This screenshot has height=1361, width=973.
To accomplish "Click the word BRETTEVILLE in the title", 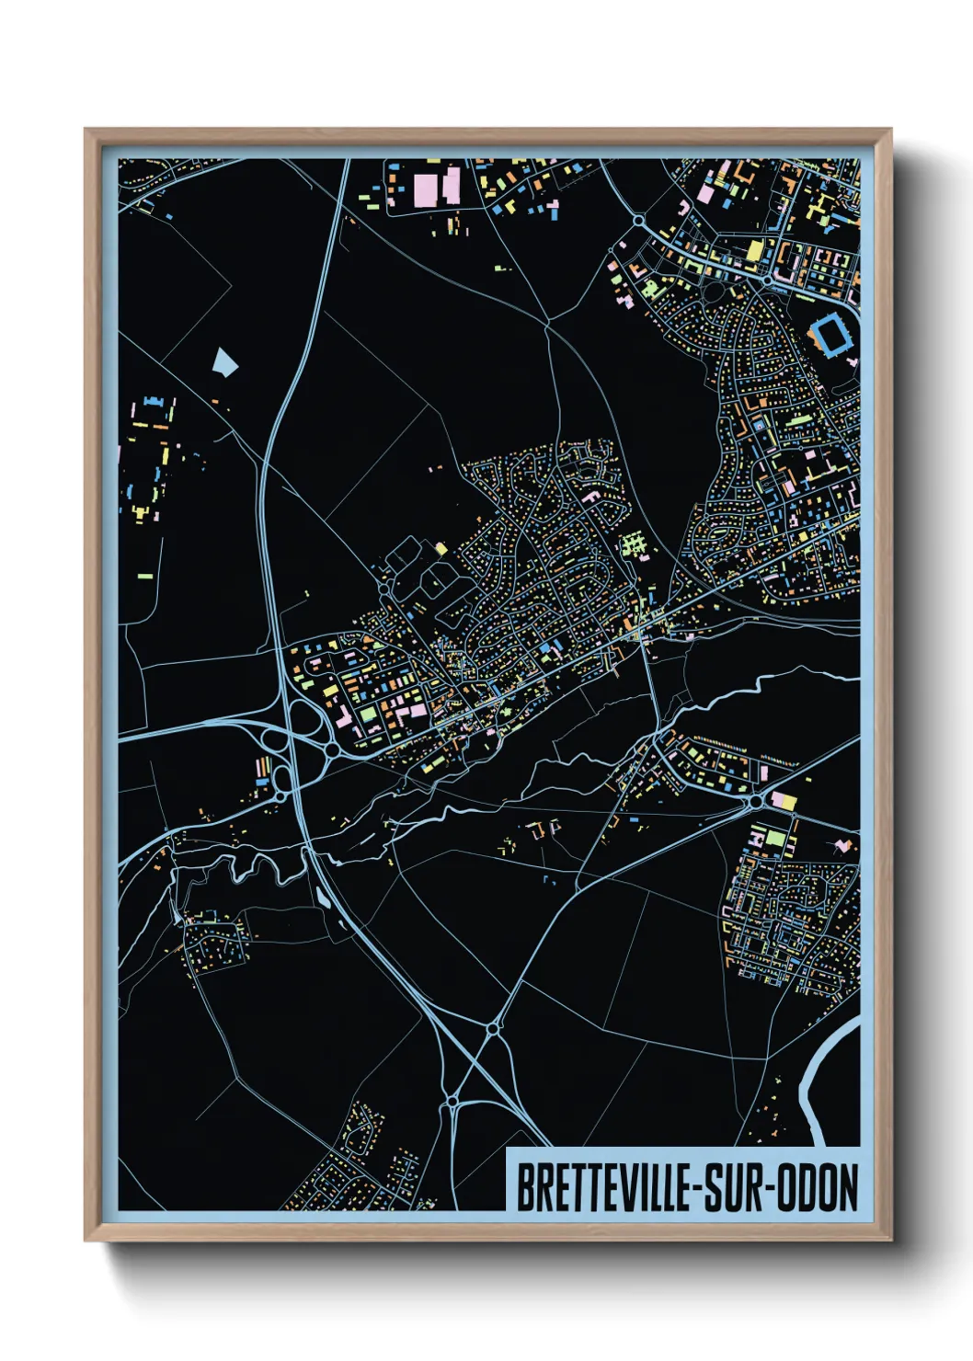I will coord(602,1187).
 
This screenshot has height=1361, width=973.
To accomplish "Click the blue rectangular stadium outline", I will coord(832,335).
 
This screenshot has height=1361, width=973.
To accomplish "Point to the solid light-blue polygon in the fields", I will coord(224,361).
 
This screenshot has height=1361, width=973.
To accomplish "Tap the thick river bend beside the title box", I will coord(814,1085).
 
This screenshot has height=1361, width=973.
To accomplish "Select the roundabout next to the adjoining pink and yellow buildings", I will coord(756,802).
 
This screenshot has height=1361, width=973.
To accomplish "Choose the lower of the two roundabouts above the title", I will coord(452,1101).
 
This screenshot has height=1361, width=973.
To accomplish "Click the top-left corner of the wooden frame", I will coord(86,131).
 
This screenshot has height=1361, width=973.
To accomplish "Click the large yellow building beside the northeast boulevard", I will coord(754,250).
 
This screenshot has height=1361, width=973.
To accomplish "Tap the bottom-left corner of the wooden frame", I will coord(86,1239).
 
